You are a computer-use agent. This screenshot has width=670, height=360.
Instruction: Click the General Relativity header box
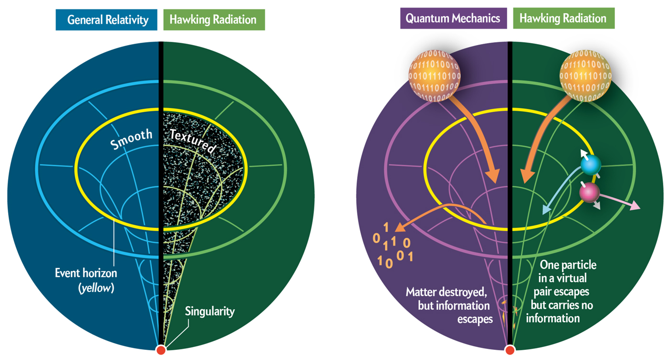[x=106, y=20]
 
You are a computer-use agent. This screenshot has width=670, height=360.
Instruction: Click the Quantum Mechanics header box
[x=453, y=19]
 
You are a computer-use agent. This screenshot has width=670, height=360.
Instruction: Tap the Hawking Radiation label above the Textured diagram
[x=214, y=20]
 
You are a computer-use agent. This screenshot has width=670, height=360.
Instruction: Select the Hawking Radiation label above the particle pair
[x=563, y=19]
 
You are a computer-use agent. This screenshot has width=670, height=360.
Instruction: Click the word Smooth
[x=131, y=140]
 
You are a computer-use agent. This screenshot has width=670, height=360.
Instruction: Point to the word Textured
[x=193, y=142]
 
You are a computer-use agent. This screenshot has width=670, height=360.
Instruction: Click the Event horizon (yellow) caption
[x=86, y=281]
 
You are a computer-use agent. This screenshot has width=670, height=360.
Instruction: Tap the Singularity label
[x=210, y=312]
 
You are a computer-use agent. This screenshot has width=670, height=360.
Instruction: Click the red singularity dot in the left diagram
[x=161, y=350]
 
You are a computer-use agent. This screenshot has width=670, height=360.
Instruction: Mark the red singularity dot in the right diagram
[x=510, y=350]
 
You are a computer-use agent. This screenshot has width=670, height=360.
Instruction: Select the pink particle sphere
[x=589, y=192]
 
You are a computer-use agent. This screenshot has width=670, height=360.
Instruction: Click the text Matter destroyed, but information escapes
[x=449, y=305]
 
